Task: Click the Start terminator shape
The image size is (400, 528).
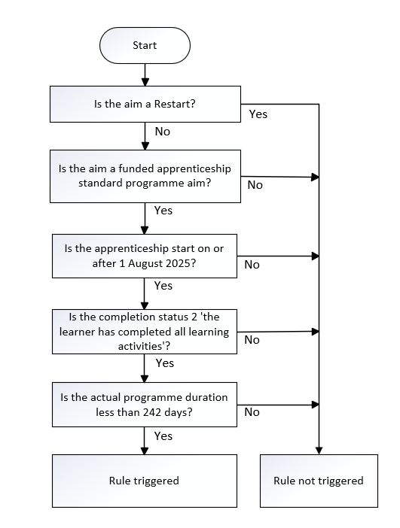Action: [145, 45]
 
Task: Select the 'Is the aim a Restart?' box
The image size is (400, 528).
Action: [145, 104]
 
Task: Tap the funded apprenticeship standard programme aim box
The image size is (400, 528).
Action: [145, 176]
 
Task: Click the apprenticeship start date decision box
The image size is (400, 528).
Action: [145, 256]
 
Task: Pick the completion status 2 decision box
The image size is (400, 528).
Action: [145, 332]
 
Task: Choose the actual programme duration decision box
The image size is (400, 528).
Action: [145, 405]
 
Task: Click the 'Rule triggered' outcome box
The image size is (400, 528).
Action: [145, 481]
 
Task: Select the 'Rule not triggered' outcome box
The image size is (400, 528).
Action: [319, 481]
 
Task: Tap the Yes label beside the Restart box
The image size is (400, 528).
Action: [258, 114]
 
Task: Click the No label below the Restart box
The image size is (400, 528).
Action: [162, 132]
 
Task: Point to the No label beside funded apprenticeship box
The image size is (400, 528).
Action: [255, 185]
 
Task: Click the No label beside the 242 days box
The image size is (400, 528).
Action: [252, 412]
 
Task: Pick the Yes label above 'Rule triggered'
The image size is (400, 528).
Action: [163, 436]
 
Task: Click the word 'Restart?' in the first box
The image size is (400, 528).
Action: [175, 104]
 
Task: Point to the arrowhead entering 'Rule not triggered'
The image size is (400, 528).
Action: [319, 451]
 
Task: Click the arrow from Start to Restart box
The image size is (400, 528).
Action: [145, 74]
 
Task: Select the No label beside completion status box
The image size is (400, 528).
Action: [252, 340]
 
